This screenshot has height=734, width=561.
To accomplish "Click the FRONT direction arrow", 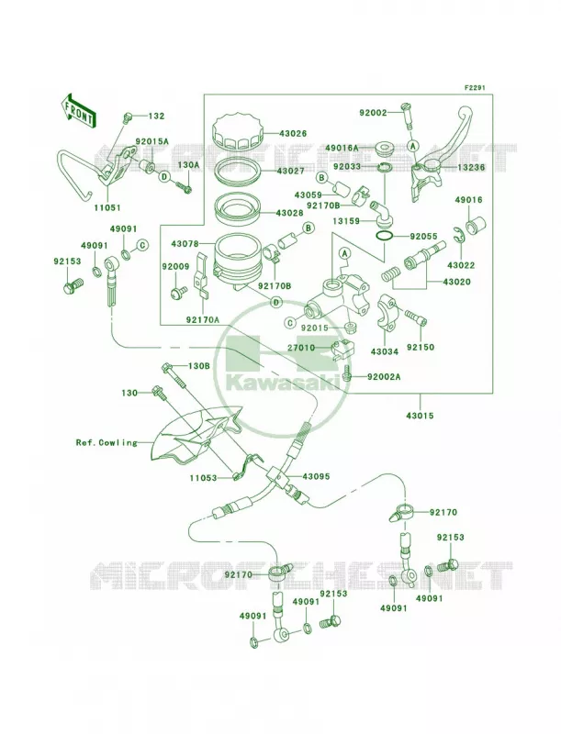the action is pyautogui.click(x=78, y=111).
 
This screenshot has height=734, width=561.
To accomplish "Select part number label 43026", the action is pyautogui.click(x=293, y=133).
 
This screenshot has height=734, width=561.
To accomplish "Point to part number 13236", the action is pyautogui.click(x=472, y=167).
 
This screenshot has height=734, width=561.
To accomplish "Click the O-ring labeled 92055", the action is pyautogui.click(x=385, y=237).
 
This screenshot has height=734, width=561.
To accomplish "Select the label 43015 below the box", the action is pyautogui.click(x=420, y=416).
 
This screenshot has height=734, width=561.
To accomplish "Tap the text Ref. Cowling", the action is pyautogui.click(x=107, y=442).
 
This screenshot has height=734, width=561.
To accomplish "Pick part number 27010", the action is pyautogui.click(x=302, y=348).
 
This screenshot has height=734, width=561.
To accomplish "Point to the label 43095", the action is pyautogui.click(x=317, y=476).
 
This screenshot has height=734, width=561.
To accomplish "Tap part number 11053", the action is pyautogui.click(x=203, y=477).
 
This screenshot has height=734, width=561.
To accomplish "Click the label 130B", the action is pyautogui.click(x=199, y=366).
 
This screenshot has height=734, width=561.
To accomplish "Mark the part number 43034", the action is pyautogui.click(x=385, y=351).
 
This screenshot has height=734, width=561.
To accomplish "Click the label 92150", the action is pyautogui.click(x=420, y=348).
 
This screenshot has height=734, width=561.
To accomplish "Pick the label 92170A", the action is pyautogui.click(x=203, y=320).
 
